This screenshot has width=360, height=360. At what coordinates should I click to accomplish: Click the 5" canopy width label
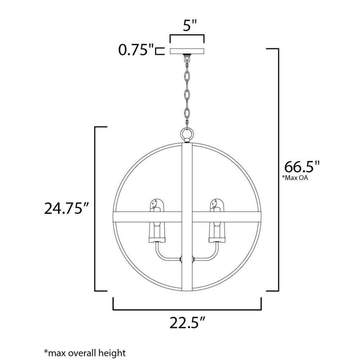tap(190, 25)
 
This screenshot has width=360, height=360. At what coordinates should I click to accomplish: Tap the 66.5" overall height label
tap(302, 167)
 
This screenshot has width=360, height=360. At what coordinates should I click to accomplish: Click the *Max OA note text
tap(295, 178)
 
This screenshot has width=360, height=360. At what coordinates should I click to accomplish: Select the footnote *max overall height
tap(85, 353)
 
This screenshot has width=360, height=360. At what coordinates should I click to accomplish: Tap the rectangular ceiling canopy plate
tap(187, 51)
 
